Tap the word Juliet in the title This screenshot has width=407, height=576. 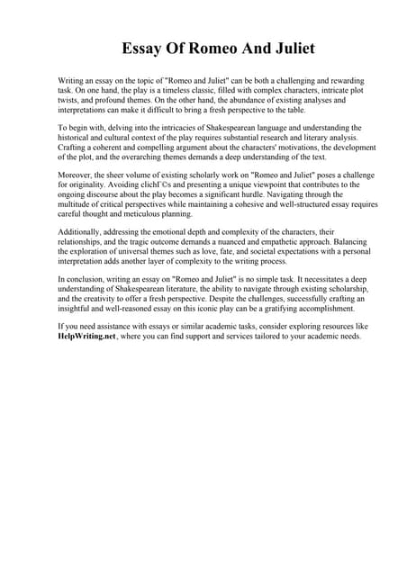289,49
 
